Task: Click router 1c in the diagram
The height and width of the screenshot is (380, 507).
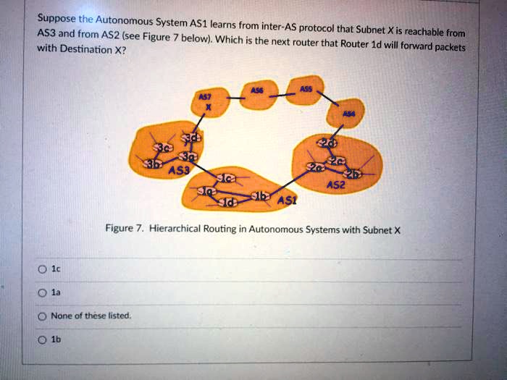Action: point(226,176)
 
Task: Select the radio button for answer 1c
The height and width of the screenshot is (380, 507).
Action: point(43,269)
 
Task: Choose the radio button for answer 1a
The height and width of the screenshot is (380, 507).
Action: point(43,292)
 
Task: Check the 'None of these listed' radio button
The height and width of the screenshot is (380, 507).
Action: point(43,316)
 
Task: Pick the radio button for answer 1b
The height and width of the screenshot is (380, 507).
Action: point(43,339)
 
